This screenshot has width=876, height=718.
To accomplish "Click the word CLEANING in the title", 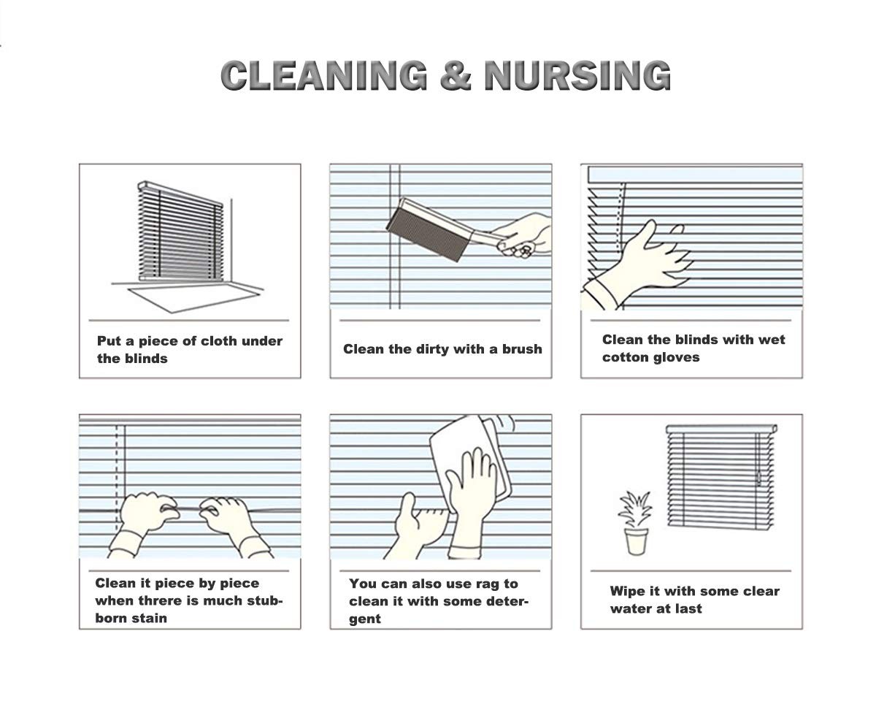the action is pos(324,75).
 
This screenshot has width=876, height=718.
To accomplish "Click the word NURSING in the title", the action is pos(577,75).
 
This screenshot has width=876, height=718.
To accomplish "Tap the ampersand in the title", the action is pos(456,75).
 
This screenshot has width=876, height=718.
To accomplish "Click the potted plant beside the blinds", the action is pos(635,523).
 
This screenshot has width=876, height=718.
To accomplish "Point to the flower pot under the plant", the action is pos(636,541).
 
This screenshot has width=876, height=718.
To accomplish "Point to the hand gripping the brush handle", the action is pos(523,234).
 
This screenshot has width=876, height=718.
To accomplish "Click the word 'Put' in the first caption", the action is pos(109,340).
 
